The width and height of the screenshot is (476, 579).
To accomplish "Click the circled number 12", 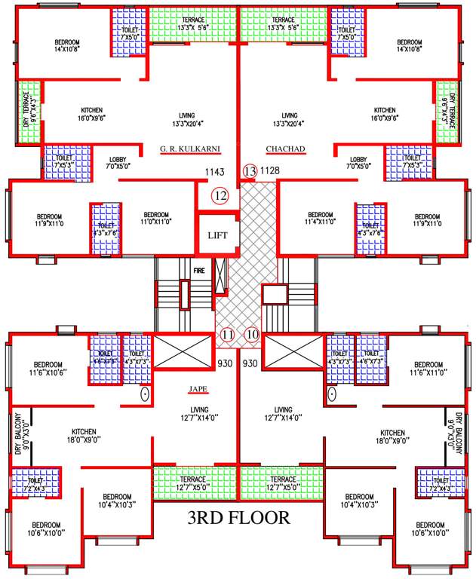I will point(220,196).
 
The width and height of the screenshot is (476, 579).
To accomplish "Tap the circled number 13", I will point(250,171).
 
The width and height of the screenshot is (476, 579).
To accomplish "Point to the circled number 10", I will point(252,335).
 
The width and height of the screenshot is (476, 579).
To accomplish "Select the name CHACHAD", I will point(285,149).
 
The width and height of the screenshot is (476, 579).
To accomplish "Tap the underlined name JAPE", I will point(198,390).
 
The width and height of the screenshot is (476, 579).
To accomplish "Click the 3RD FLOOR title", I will point(238,518).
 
